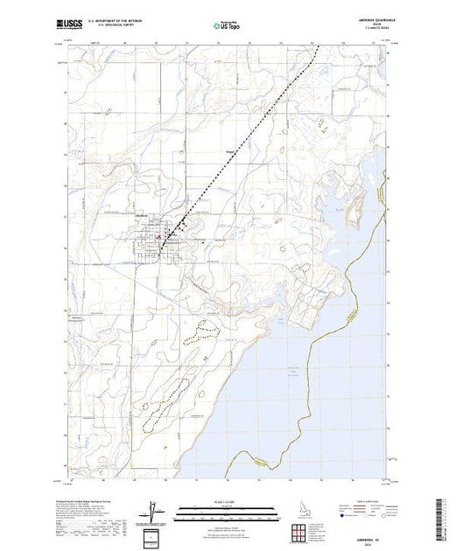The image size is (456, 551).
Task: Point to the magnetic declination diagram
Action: coord(154,509)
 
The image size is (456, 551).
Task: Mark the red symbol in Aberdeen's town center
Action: coord(158,236)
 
